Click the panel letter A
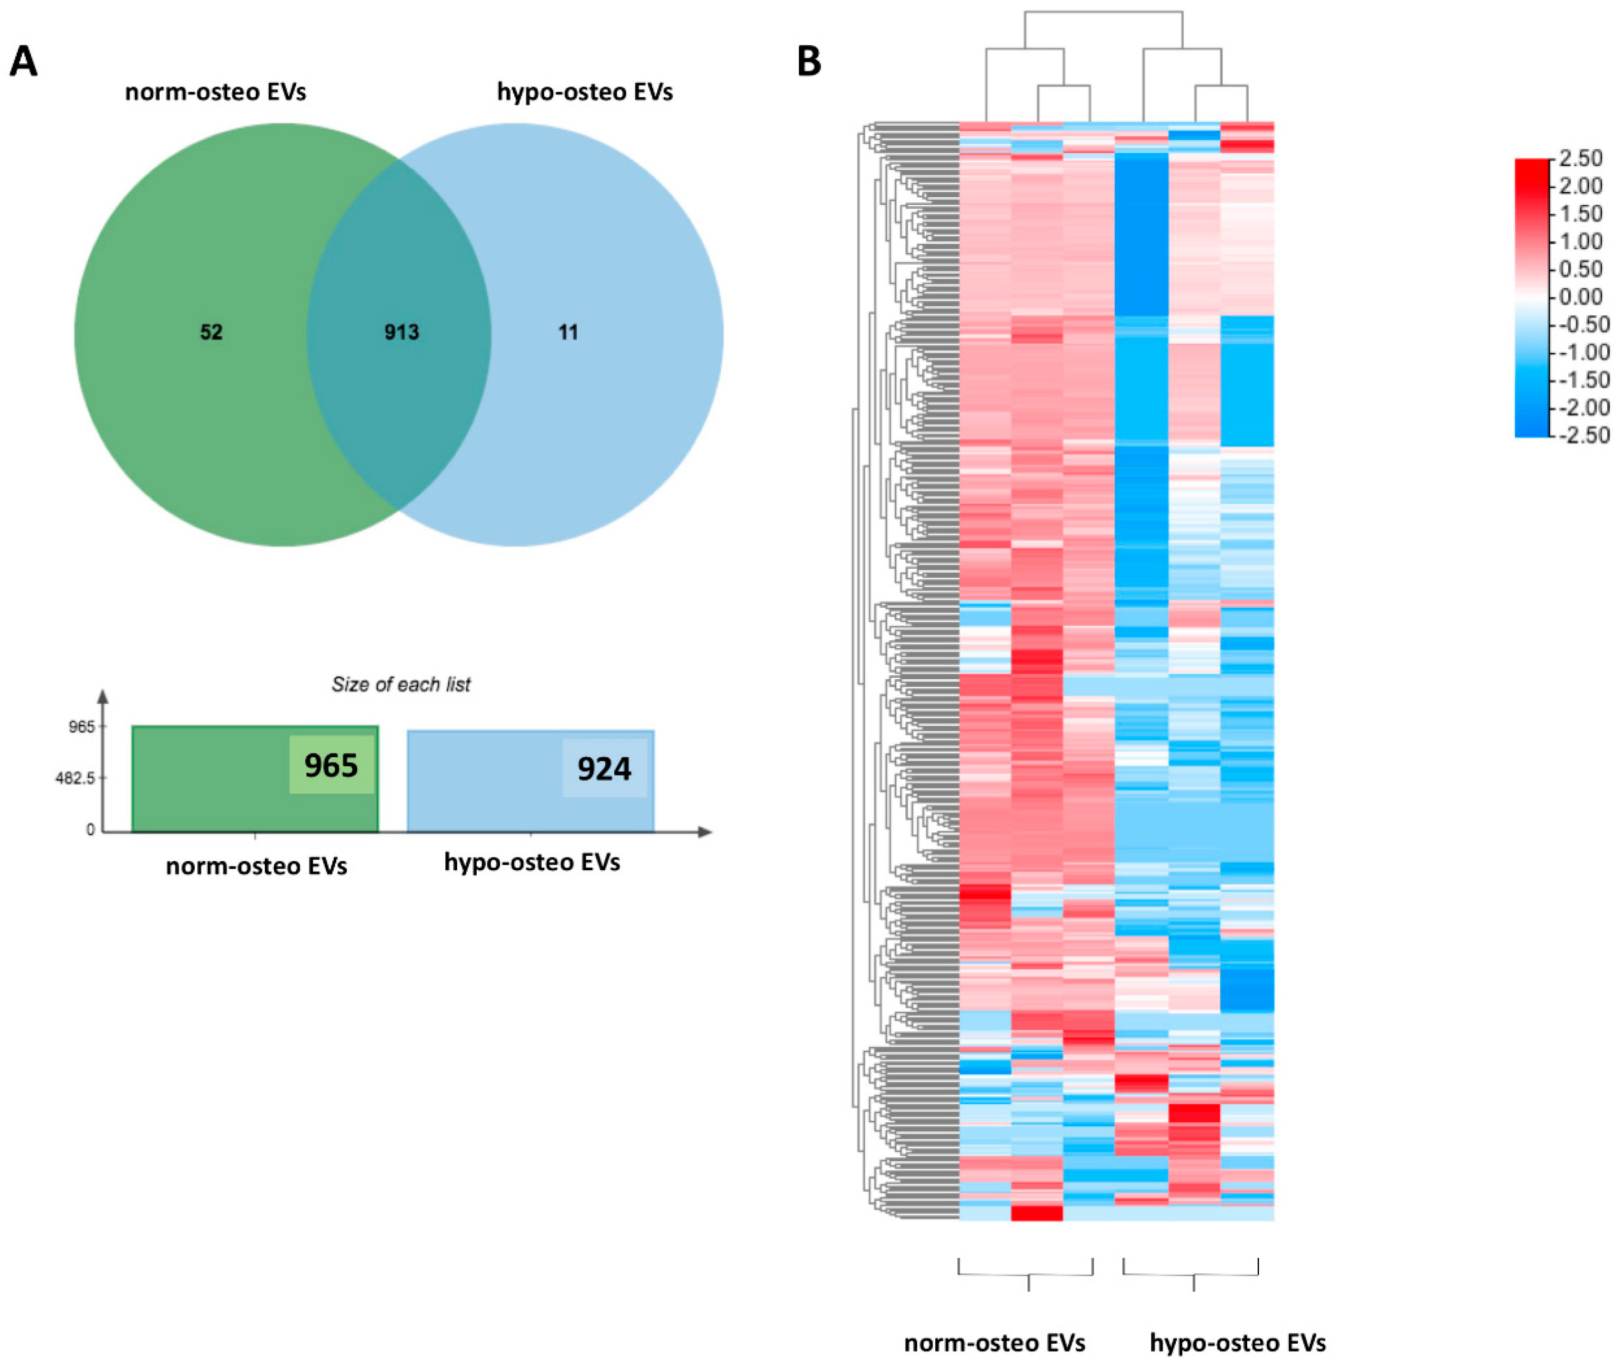[x=23, y=62]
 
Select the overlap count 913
[x=401, y=332]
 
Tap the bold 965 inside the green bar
[x=331, y=765]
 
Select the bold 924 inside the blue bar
[x=604, y=769]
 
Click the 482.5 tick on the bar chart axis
[x=75, y=778]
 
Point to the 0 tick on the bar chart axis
[x=90, y=830]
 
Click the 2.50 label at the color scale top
[x=1581, y=159]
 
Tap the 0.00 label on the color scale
[x=1581, y=297]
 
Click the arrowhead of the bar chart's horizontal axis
[x=705, y=832]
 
